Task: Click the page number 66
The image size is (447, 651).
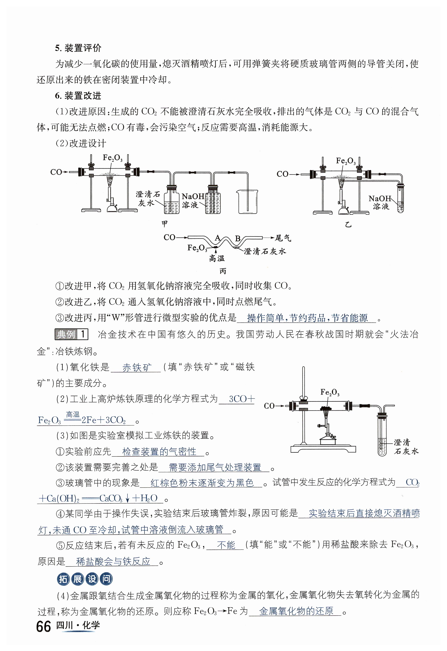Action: coord(44,626)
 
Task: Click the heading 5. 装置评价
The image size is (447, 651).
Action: coord(78,48)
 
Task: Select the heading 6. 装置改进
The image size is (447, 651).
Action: coord(78,96)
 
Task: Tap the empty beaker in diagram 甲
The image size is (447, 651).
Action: coord(247,202)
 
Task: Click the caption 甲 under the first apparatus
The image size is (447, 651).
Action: coord(165,223)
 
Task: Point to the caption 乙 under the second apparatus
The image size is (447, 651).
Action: coord(348,224)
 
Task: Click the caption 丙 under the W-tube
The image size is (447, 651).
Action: coord(223,271)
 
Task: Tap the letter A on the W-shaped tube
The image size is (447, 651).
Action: coord(217,238)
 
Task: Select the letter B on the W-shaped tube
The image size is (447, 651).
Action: coord(237,239)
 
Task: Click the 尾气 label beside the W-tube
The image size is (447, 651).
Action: coord(283,238)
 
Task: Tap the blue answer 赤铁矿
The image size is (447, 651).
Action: coord(137,367)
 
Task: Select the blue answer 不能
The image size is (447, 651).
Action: coord(226,545)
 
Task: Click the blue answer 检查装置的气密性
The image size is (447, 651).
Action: coord(159,452)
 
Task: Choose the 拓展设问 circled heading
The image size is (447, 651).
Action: coord(85,579)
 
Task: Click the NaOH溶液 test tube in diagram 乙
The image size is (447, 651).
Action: coord(400,199)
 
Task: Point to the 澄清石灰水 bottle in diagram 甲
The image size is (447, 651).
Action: coord(171,200)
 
